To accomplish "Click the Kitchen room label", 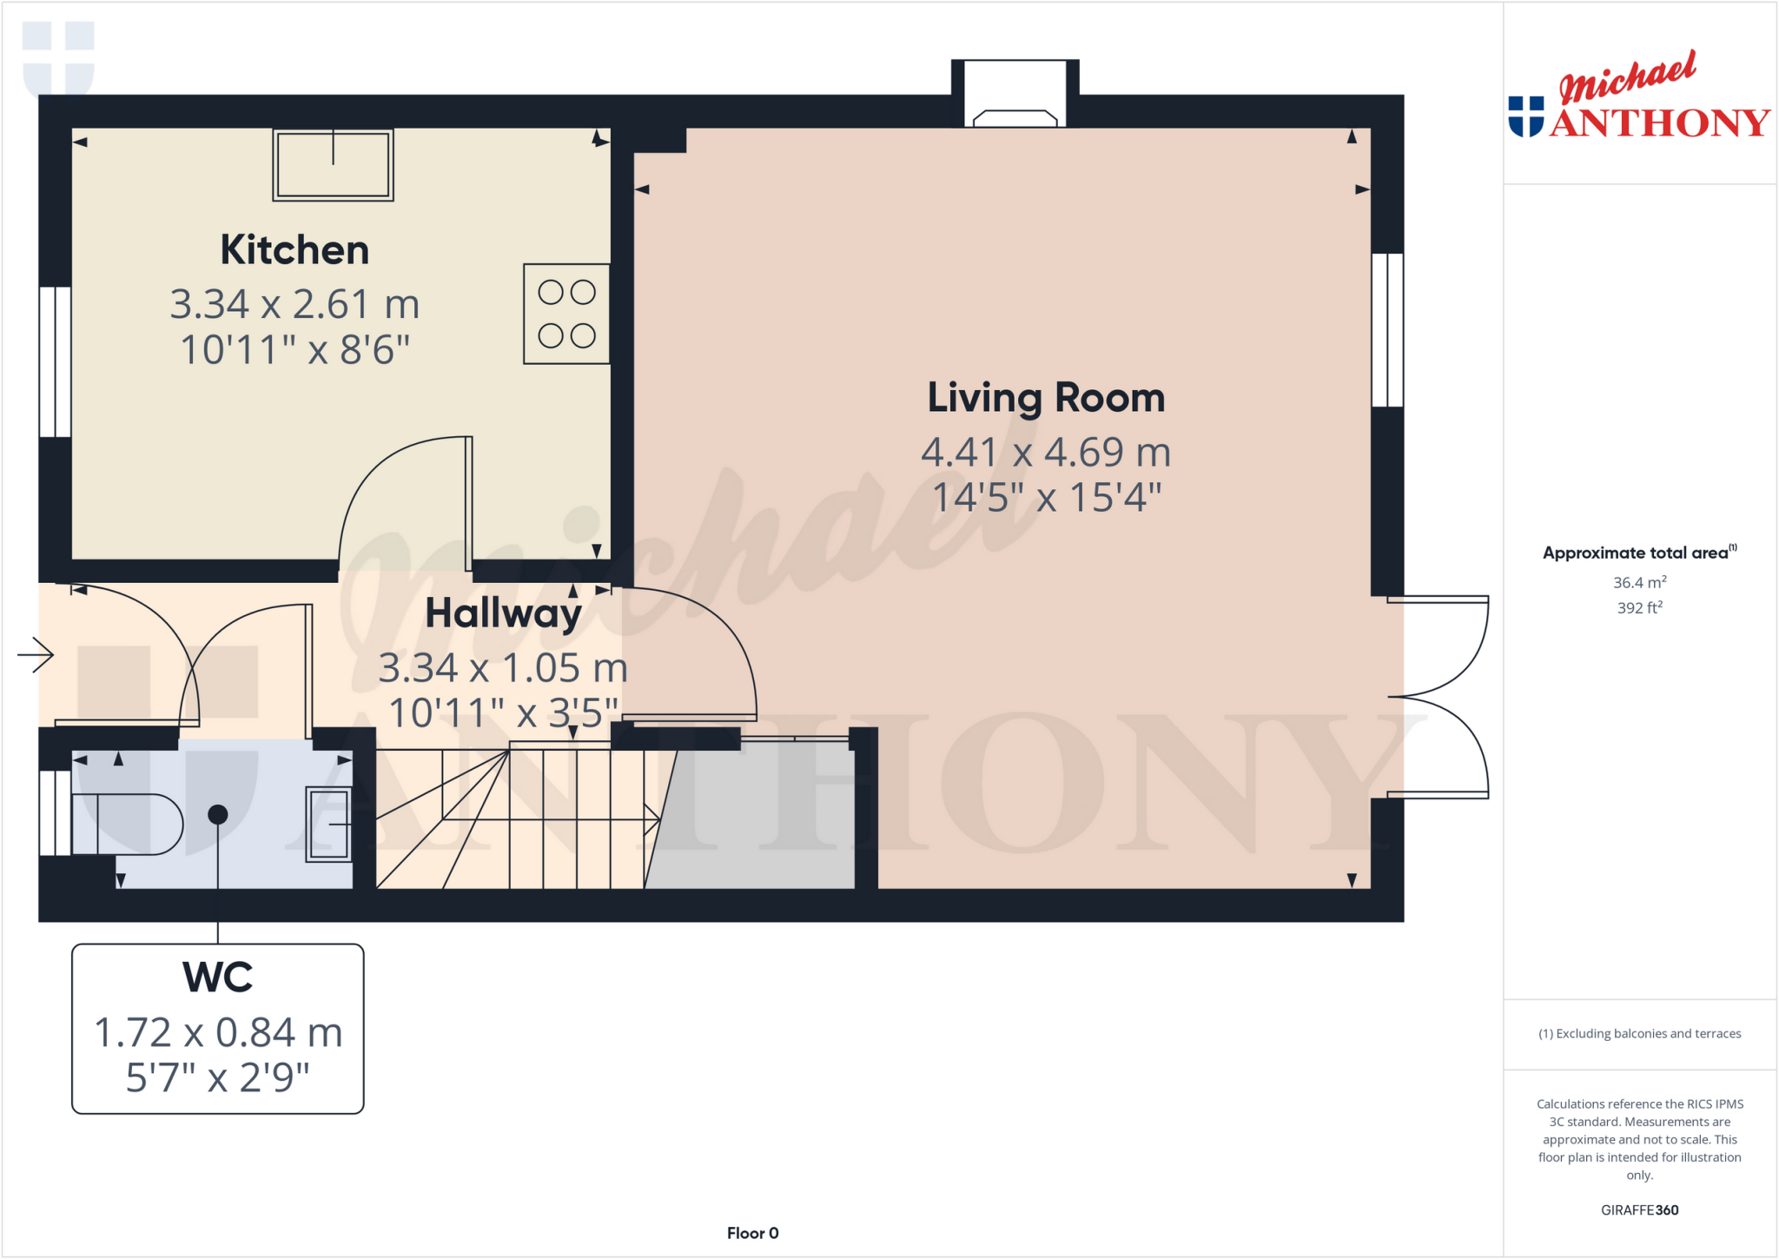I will tap(294, 250).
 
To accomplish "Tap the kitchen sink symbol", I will tap(333, 165).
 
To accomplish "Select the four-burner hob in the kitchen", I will tap(566, 314).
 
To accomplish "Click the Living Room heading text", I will tap(1046, 398).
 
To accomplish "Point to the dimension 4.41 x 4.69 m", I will tap(1046, 453).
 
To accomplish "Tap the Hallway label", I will tap(503, 613).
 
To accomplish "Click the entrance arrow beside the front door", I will tap(36, 654).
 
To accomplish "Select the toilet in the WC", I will tap(126, 824).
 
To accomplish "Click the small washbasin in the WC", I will tap(329, 824).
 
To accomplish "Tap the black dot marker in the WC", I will tap(218, 814).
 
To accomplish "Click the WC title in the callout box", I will tap(217, 977).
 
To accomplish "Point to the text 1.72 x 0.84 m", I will tap(217, 1033).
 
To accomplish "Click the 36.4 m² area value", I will tap(1639, 582).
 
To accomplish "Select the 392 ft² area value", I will tap(1639, 608).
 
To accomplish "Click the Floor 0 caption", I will tap(752, 1233).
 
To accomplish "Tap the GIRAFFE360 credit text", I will tap(1639, 1209).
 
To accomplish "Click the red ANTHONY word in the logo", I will tap(1659, 123).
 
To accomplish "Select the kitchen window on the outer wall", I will tap(55, 361).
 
